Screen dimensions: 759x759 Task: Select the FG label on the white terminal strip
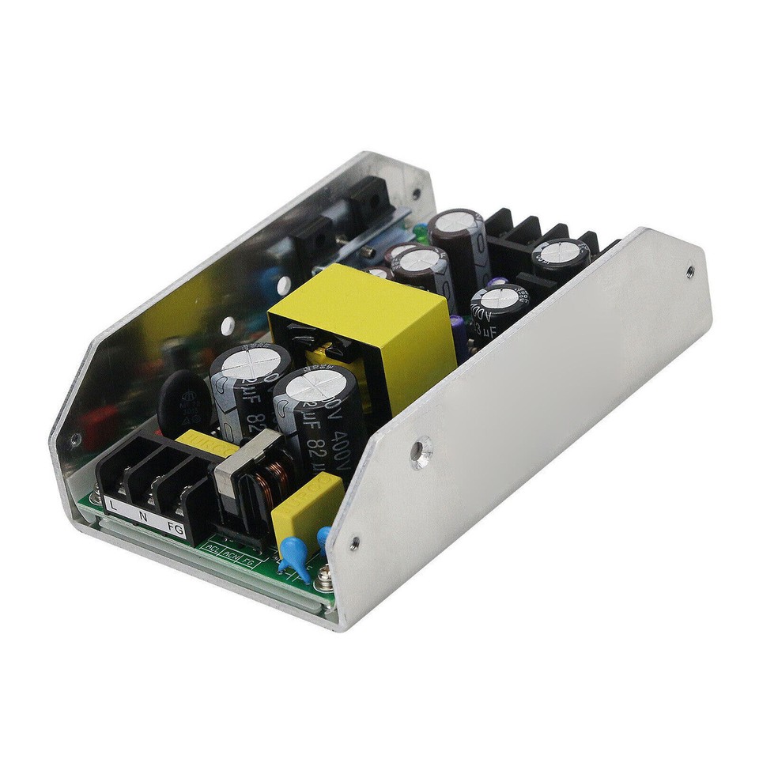point(176,531)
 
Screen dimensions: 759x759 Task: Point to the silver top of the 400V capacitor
point(312,387)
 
